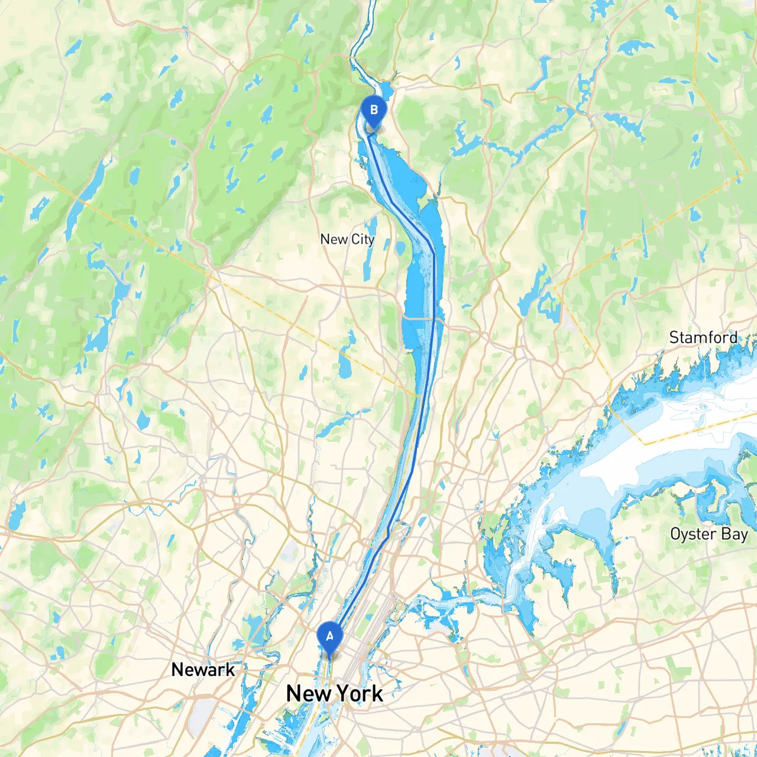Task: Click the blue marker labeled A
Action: point(329,637)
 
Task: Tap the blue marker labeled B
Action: point(374,110)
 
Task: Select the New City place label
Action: point(347,240)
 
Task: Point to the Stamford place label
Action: point(703,338)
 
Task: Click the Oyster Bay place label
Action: point(709,534)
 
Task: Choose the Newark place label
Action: point(203,669)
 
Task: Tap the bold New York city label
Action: point(334,693)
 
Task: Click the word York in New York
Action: point(359,693)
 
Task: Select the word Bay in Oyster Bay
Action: point(735,534)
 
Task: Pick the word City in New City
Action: point(363,240)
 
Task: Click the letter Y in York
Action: point(343,693)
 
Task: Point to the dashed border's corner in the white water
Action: point(644,442)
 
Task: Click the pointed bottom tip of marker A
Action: point(329,655)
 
